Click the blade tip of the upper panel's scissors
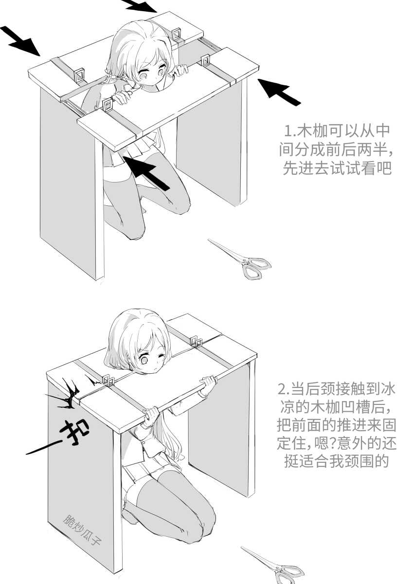point(209,239)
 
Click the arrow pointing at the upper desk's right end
point(279,92)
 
